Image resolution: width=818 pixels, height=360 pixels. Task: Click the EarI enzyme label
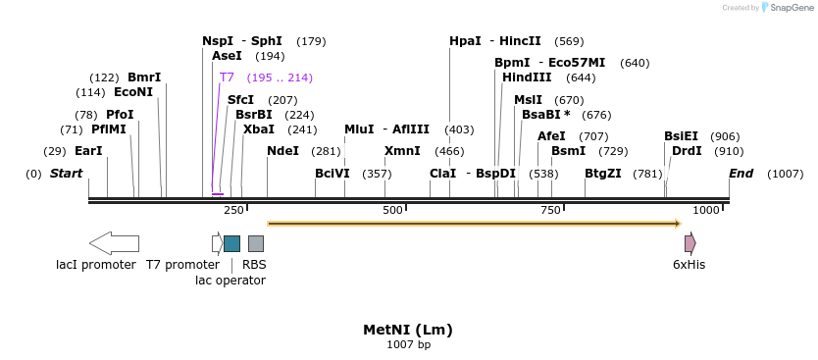(x=88, y=151)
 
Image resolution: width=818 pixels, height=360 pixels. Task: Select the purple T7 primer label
(x=227, y=77)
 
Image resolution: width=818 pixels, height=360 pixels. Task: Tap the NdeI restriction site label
(x=282, y=151)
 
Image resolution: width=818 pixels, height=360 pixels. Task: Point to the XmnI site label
(x=402, y=151)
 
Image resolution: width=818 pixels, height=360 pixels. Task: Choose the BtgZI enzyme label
(x=602, y=174)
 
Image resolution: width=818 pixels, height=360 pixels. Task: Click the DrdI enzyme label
(x=687, y=151)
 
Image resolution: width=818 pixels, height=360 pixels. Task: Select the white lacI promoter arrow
(x=114, y=243)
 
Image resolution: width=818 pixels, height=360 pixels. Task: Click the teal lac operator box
(x=231, y=243)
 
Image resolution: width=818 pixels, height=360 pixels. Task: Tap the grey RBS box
(x=255, y=243)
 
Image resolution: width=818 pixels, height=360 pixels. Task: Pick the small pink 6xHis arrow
(x=690, y=243)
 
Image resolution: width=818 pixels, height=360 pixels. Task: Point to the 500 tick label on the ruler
(x=392, y=211)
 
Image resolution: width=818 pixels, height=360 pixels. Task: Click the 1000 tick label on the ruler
(x=706, y=211)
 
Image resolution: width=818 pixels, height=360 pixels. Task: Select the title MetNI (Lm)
(x=408, y=330)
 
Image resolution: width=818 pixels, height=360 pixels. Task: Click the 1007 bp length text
(x=408, y=345)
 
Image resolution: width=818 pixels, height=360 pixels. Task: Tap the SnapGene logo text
(x=792, y=8)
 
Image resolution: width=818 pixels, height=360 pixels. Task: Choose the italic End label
(x=741, y=174)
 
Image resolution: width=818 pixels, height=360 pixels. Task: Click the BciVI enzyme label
(x=332, y=174)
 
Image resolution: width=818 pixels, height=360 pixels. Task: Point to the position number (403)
(x=459, y=129)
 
